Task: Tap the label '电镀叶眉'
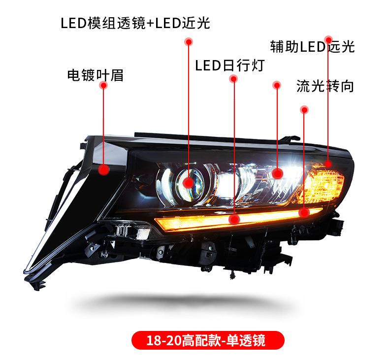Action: pyautogui.click(x=95, y=75)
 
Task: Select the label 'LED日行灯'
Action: pyautogui.click(x=230, y=65)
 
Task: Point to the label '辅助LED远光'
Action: pyautogui.click(x=312, y=47)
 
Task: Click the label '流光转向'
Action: pyautogui.click(x=325, y=87)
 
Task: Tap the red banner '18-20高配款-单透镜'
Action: pyautogui.click(x=208, y=340)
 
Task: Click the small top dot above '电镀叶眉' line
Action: pyautogui.click(x=103, y=85)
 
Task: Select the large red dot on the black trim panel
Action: pyautogui.click(x=103, y=170)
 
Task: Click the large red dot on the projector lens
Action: pyautogui.click(x=188, y=183)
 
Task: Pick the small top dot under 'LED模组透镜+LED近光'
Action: pyautogui.click(x=189, y=43)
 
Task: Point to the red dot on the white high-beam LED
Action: pyautogui.click(x=277, y=173)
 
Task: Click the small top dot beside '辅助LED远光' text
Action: pyautogui.click(x=328, y=38)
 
